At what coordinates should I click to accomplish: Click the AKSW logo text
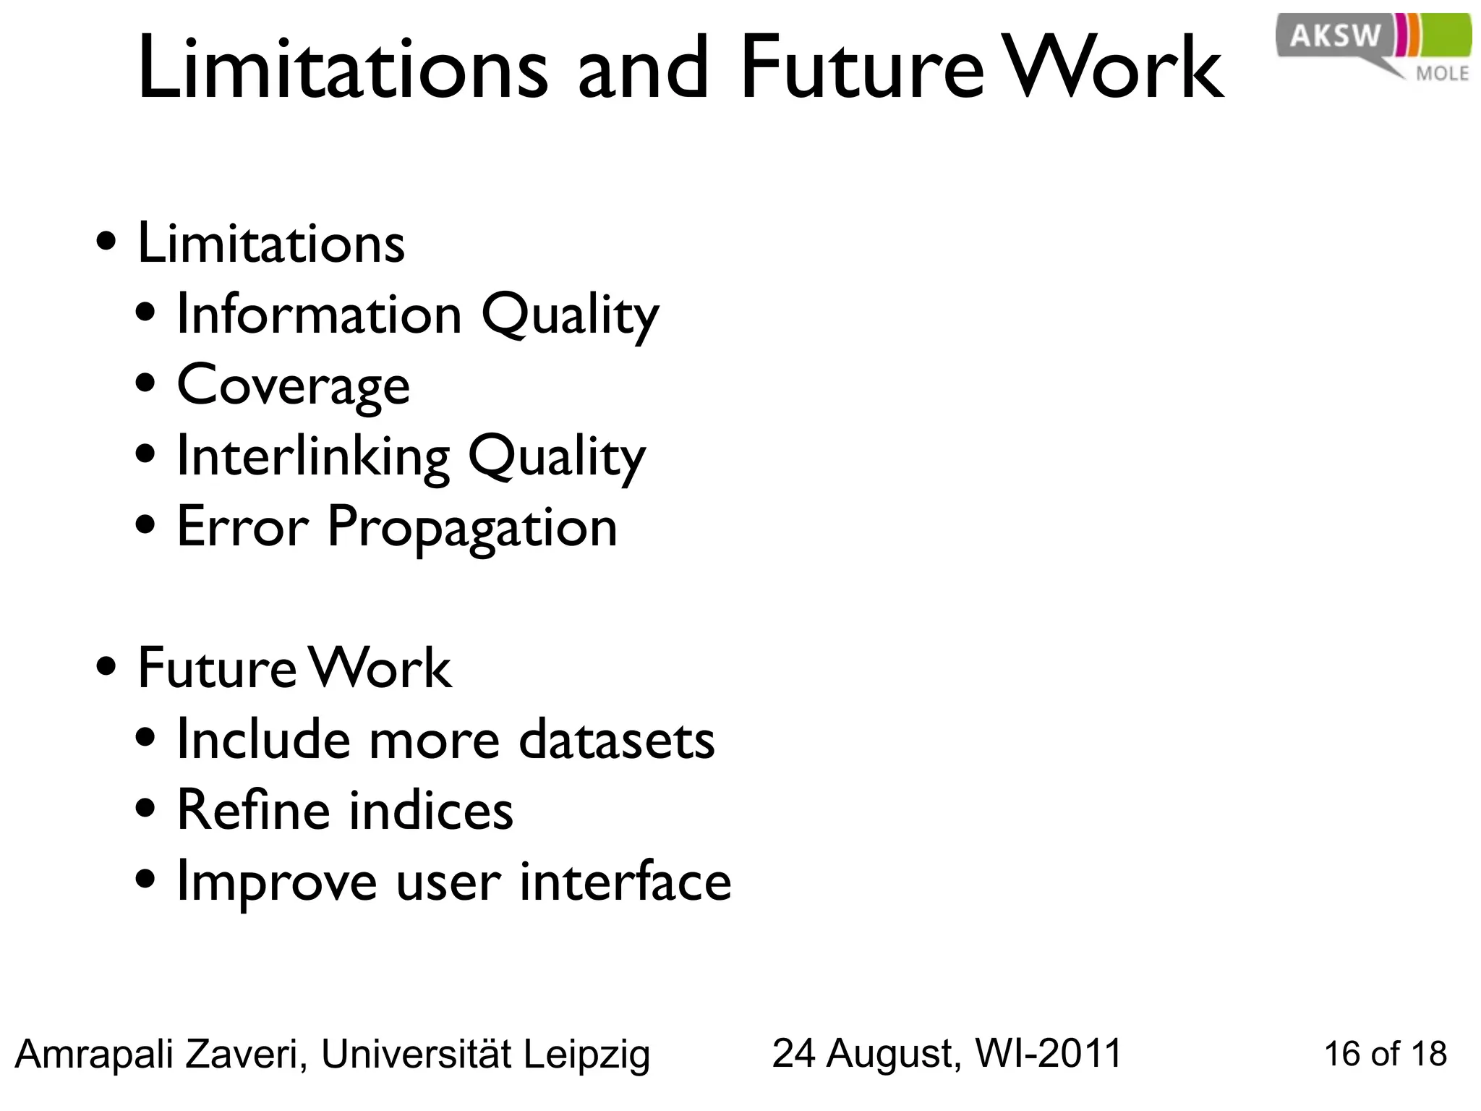tap(1335, 35)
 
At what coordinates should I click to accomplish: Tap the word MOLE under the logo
tap(1442, 74)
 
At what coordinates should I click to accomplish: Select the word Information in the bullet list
tap(319, 315)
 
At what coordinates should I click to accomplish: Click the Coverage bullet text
tap(293, 386)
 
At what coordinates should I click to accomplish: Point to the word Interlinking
tap(313, 456)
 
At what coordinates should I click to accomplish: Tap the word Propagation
tap(472, 527)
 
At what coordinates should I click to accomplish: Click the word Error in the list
tap(243, 527)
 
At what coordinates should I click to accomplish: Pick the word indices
tap(432, 810)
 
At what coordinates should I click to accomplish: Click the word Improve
tap(277, 882)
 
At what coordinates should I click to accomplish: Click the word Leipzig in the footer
tap(586, 1055)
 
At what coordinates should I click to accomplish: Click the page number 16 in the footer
tap(1342, 1055)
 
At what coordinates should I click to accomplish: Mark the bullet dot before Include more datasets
tap(145, 738)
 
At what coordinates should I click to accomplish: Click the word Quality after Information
tap(570, 315)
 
